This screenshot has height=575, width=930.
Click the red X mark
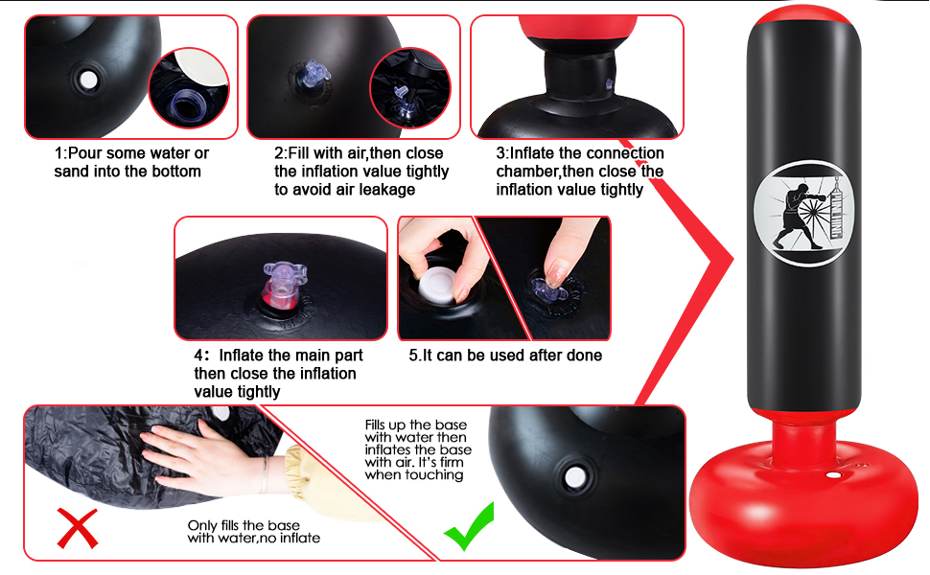pos(78,528)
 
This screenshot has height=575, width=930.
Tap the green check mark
pos(470,526)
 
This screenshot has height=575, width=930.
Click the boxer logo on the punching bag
pos(803,214)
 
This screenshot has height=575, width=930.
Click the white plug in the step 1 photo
pos(88,80)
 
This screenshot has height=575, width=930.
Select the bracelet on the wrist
pos(265,474)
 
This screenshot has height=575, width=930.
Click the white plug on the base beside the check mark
pos(574,477)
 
